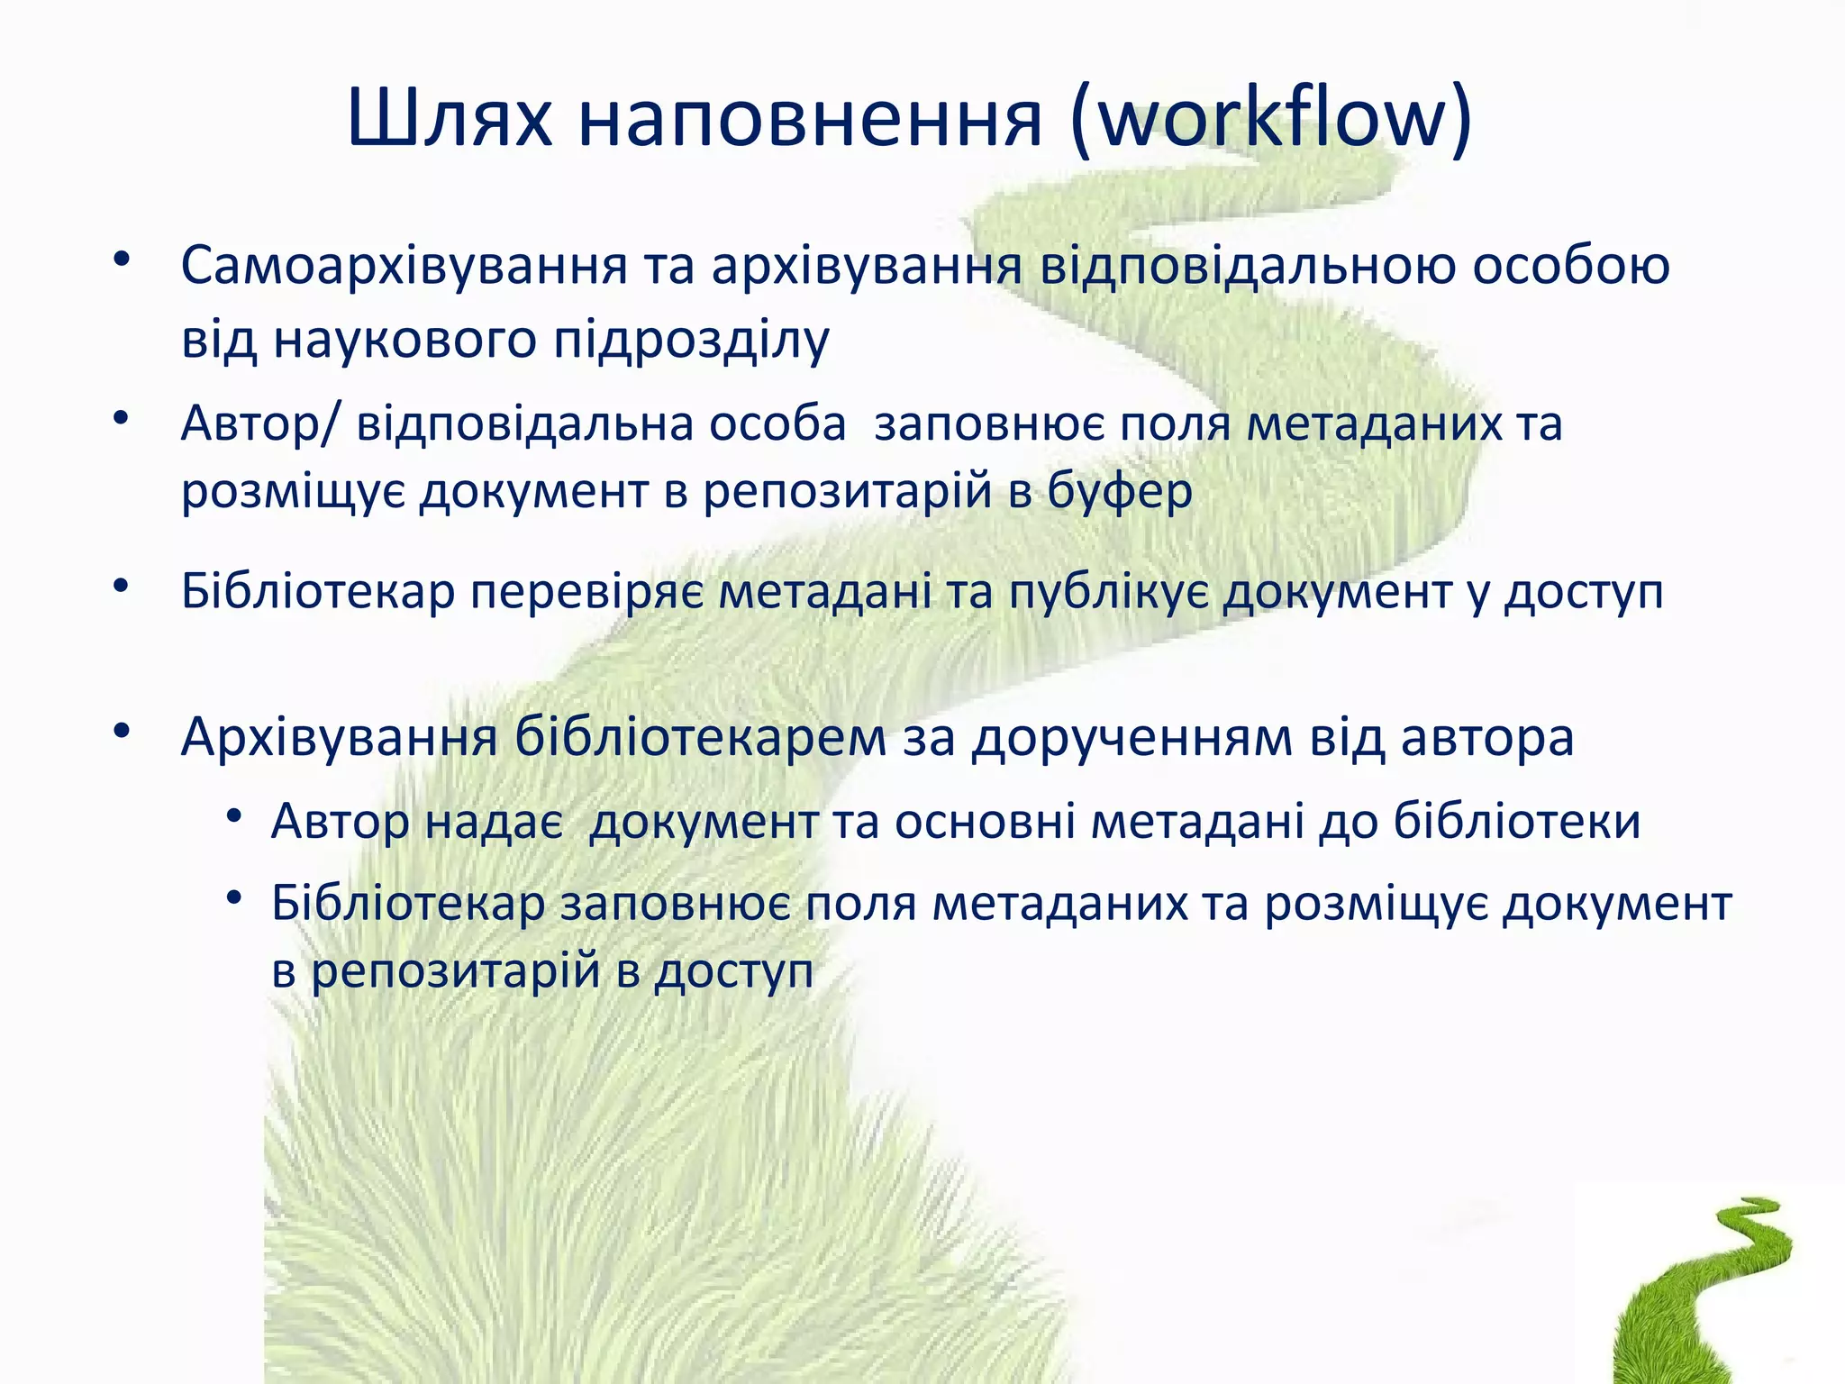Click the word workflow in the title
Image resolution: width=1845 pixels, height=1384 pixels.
pyautogui.click(x=1272, y=119)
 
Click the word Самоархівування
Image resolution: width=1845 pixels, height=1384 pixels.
pyautogui.click(x=404, y=267)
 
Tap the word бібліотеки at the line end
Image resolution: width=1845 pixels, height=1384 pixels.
pyautogui.click(x=1517, y=822)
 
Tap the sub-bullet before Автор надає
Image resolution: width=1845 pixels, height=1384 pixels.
pyautogui.click(x=235, y=816)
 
